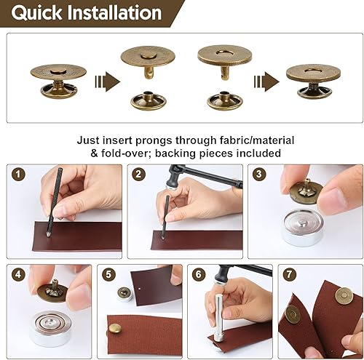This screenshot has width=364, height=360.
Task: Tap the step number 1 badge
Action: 17,174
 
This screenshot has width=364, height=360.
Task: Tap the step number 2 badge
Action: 138,174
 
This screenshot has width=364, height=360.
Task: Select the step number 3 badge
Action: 258,174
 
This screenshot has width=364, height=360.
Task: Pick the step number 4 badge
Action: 17,275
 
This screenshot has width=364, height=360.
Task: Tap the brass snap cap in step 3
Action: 304,193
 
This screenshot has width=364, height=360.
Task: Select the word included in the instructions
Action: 258,153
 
